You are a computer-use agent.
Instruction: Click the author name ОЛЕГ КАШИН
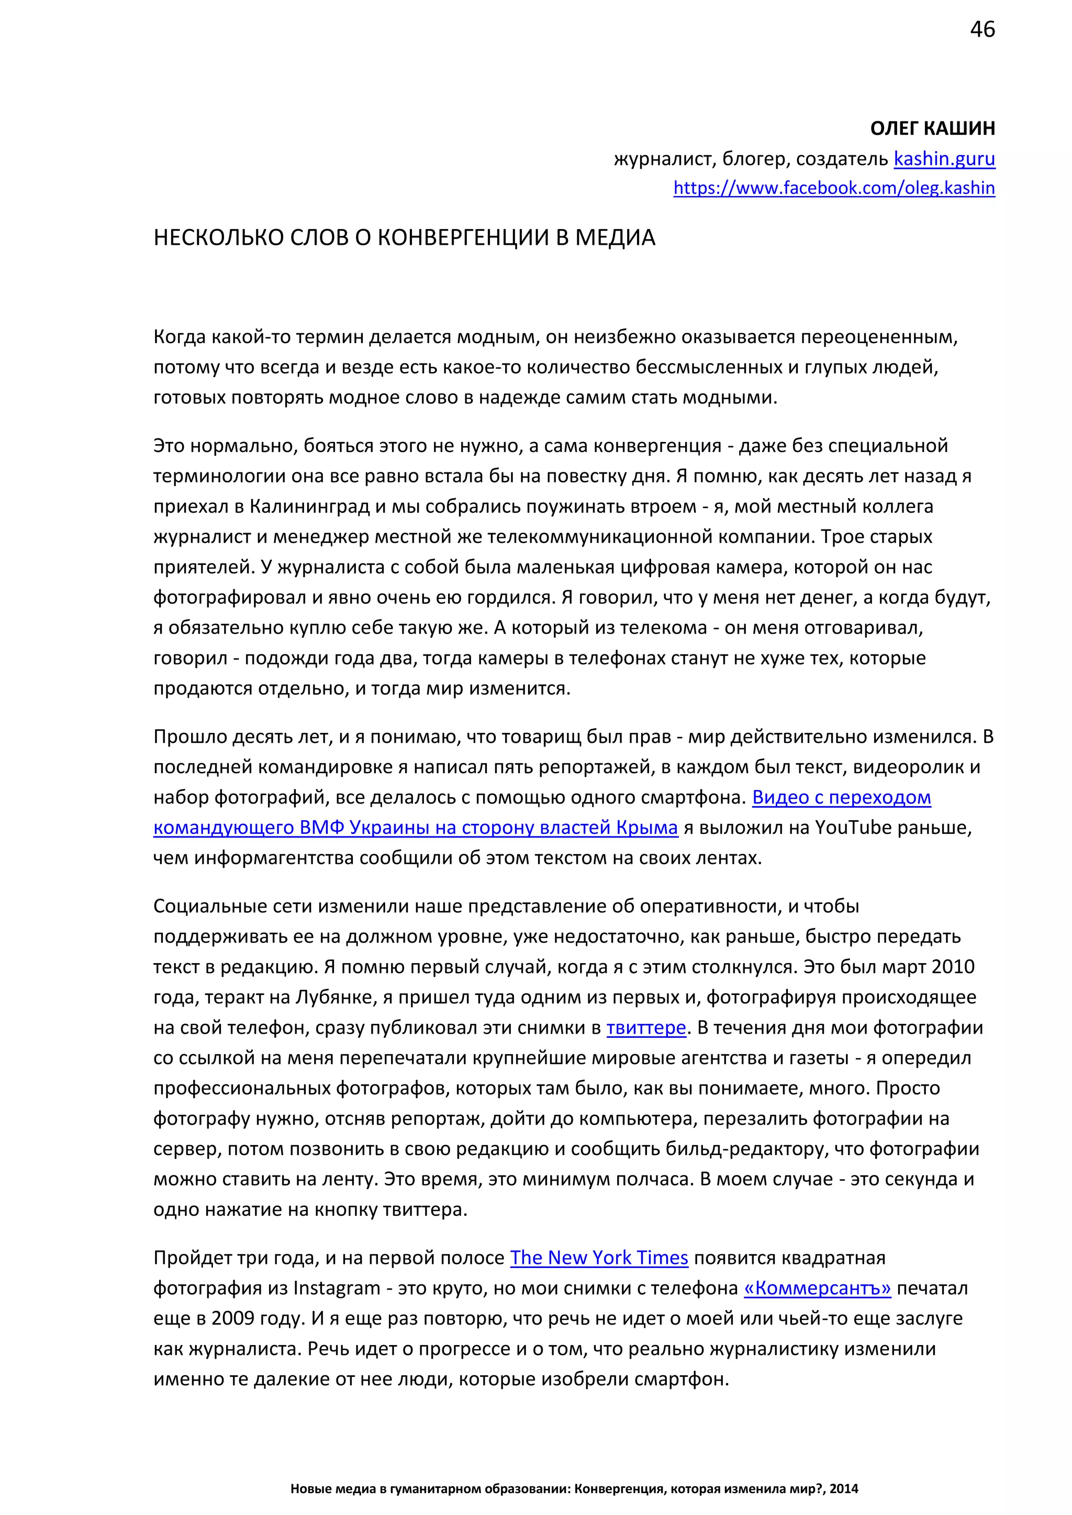pos(932,128)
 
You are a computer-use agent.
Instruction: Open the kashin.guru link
pos(944,159)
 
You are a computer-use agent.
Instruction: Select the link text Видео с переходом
pos(841,797)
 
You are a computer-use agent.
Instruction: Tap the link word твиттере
pos(646,1027)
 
